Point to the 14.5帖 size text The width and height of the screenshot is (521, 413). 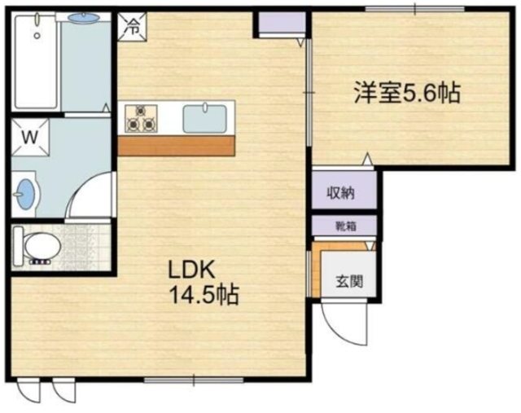coord(203,294)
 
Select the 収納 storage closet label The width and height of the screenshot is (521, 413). coord(341,193)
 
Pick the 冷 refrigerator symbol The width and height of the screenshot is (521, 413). coord(132,25)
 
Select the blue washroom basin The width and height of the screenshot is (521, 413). coord(27,194)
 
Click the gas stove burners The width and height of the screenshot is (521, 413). coord(140,118)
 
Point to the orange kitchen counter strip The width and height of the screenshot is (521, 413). coord(176,147)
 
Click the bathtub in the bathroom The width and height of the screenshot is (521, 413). coord(36,64)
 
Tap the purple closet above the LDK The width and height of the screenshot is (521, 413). coord(278,24)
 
